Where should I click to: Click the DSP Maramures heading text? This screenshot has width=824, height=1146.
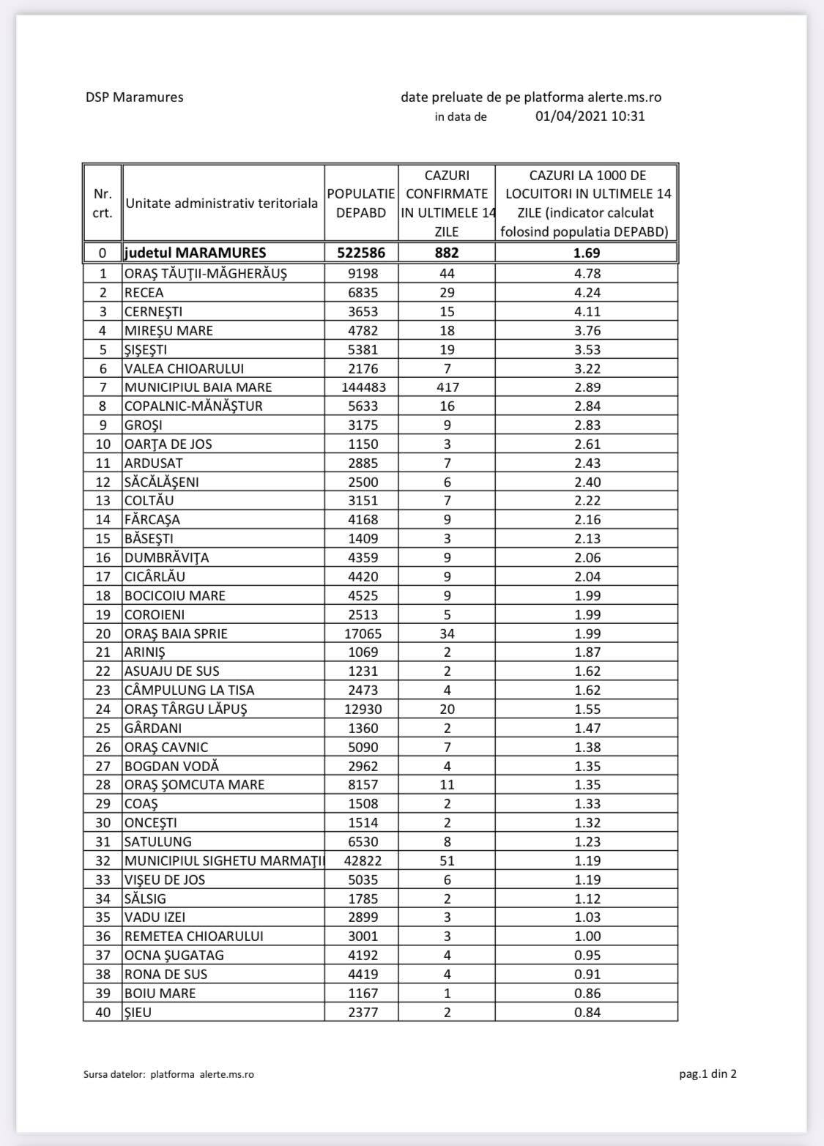click(134, 97)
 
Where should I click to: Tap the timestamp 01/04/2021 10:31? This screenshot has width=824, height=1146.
click(590, 116)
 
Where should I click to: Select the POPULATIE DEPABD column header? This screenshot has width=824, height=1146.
click(361, 204)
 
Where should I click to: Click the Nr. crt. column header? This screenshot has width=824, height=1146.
click(103, 204)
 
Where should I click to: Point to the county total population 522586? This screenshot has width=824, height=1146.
click(361, 253)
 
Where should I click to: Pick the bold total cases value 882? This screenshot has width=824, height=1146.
click(447, 253)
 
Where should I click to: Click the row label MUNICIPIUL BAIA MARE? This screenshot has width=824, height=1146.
click(198, 387)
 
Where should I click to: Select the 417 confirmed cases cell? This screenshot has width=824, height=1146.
click(447, 387)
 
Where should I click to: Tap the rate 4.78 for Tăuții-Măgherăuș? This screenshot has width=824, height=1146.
click(586, 274)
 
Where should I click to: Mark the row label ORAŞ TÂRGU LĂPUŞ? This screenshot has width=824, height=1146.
click(186, 709)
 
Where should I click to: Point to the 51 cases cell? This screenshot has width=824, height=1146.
click(447, 860)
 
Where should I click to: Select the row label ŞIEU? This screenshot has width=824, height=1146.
click(138, 1013)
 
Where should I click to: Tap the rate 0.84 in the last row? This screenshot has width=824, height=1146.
click(586, 1013)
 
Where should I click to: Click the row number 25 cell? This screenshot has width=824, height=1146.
click(103, 728)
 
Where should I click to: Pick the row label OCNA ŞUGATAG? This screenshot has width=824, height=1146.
click(174, 956)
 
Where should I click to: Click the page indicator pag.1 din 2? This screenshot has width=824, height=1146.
click(708, 1074)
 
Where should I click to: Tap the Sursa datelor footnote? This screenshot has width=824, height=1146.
click(168, 1074)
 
